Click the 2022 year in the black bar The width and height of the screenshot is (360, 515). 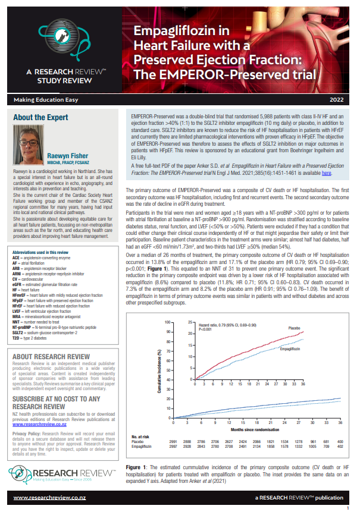(336, 100)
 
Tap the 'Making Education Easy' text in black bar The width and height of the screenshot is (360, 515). (42, 100)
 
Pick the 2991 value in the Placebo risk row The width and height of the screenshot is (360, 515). (173, 442)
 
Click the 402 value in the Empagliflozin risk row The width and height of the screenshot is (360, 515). (340, 447)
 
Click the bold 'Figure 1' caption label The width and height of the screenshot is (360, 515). (139, 468)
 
